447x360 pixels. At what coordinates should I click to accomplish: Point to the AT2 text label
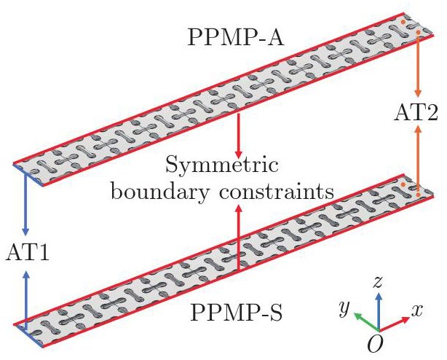coord(417,114)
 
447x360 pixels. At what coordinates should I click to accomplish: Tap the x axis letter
coord(417,310)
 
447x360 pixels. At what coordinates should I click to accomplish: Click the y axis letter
coord(343,310)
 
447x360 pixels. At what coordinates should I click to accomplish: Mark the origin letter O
coord(376,345)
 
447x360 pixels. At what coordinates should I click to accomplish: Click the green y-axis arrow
coord(365,321)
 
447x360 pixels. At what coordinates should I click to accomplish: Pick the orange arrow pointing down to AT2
coord(418,66)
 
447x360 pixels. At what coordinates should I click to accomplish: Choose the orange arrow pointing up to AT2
coord(418,153)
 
